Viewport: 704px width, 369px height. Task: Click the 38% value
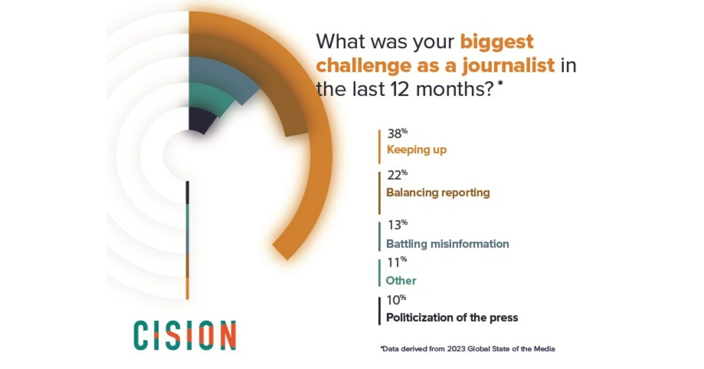[397, 134]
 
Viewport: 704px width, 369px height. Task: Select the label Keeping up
[416, 150]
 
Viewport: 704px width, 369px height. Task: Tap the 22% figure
[397, 175]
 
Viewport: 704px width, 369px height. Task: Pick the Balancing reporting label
[437, 193]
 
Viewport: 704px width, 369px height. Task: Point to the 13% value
[397, 225]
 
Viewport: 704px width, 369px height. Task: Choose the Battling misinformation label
[447, 244]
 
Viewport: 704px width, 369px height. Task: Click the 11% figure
[396, 262]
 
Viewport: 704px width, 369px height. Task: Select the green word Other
[401, 281]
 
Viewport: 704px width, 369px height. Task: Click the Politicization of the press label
[452, 318]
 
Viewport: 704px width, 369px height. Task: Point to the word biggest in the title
[497, 42]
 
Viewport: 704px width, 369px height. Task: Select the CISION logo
[184, 335]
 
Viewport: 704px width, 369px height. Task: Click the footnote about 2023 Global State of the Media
[467, 349]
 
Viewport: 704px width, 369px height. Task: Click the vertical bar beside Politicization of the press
[379, 311]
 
